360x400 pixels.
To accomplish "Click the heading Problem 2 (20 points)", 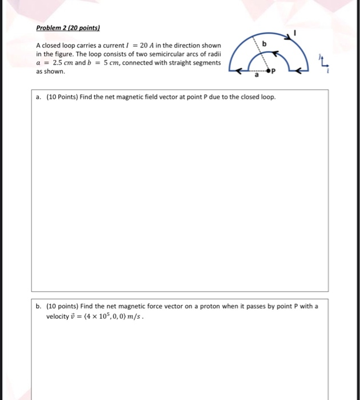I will pos(65,27).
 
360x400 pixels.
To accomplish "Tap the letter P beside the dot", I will pos(273,73).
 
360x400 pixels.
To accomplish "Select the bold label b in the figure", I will pos(263,43).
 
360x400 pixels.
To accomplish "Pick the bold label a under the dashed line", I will pos(257,75).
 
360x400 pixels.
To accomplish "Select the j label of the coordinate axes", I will pos(322,57).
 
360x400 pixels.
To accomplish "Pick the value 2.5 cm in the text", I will pos(59,63).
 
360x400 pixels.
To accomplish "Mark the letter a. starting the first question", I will pos(38,97).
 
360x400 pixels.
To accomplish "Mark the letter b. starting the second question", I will pos(38,306).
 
